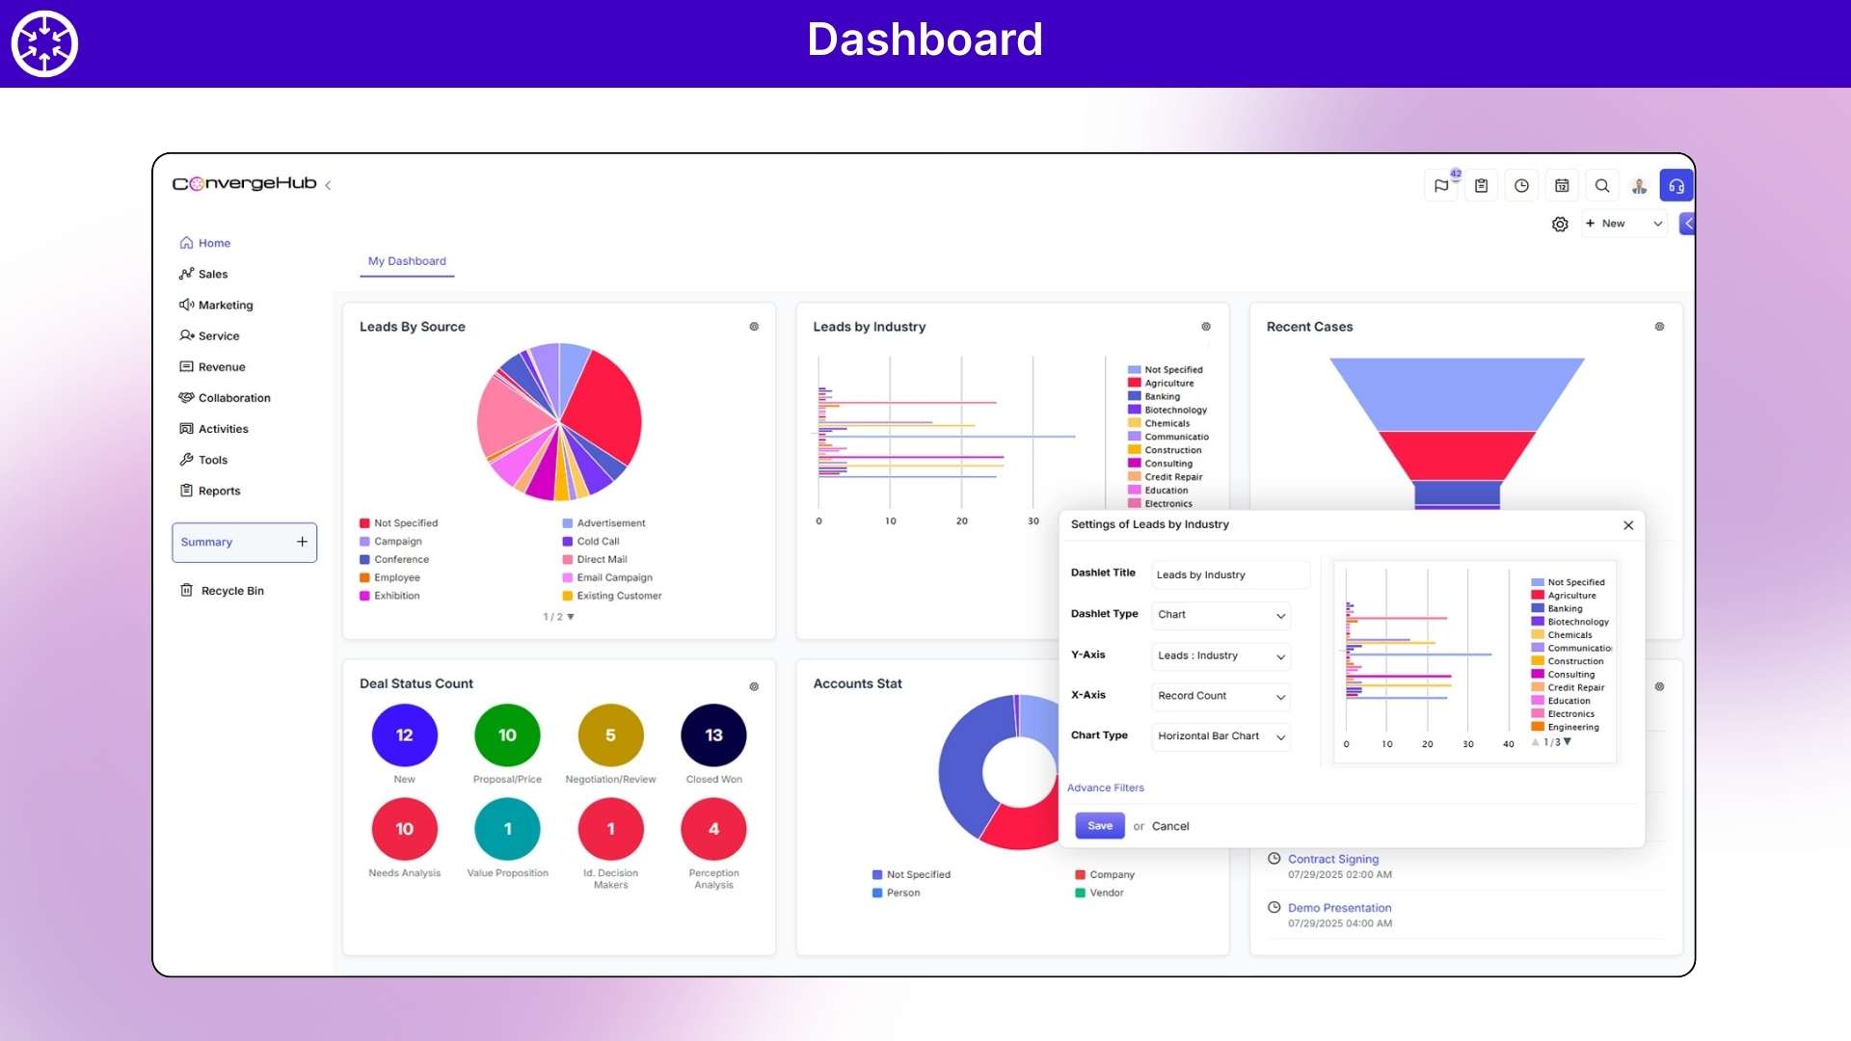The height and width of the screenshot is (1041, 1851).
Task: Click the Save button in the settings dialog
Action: (x=1099, y=826)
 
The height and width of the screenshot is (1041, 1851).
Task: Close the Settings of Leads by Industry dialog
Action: (x=1628, y=525)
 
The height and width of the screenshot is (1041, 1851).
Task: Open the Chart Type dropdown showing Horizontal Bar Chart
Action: (x=1221, y=736)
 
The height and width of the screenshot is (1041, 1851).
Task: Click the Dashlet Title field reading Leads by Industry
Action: (x=1230, y=575)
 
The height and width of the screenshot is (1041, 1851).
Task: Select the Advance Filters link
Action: (x=1105, y=788)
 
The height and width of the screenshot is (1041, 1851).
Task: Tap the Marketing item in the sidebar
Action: (x=225, y=306)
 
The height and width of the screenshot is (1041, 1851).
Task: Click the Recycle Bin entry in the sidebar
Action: (x=231, y=591)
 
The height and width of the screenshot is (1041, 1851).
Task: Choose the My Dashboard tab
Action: (x=407, y=261)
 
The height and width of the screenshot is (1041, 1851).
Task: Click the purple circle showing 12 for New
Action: (x=404, y=735)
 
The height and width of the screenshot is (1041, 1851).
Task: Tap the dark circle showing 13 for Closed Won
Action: (x=713, y=735)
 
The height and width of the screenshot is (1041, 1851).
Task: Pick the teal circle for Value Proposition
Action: (x=507, y=829)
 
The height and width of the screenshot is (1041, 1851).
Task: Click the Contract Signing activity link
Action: (x=1332, y=859)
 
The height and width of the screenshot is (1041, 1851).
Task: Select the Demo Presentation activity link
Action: (x=1339, y=908)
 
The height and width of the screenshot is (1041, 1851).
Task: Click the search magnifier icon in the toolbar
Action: (x=1602, y=186)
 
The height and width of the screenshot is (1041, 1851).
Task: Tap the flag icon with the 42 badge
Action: (x=1441, y=186)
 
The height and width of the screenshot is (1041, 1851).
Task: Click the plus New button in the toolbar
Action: (x=1606, y=224)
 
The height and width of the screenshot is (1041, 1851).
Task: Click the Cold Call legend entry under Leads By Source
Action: (x=597, y=542)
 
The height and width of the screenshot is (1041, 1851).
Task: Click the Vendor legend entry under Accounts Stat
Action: (x=1106, y=894)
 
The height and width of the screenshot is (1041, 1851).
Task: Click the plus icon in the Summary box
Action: (x=302, y=543)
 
